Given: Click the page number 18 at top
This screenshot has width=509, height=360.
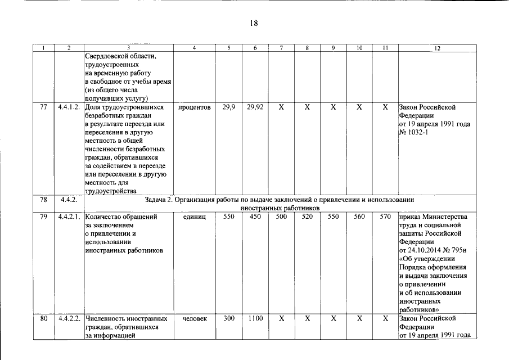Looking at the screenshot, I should click(x=254, y=23).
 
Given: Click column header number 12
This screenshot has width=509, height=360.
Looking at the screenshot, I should click(x=437, y=48).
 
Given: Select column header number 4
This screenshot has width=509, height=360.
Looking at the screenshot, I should click(x=194, y=48).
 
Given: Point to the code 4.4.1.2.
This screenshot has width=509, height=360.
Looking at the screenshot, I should click(x=70, y=107).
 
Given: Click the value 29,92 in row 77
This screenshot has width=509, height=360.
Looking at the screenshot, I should click(x=255, y=107).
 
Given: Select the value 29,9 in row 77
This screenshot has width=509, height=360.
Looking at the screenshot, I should click(x=229, y=107).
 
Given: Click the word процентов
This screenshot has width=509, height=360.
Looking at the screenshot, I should click(x=194, y=107).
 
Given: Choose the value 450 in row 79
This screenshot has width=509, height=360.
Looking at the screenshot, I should click(x=255, y=217).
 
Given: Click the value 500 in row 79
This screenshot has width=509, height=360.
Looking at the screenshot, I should click(x=281, y=217).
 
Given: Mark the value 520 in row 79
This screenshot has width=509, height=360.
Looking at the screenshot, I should click(x=307, y=217).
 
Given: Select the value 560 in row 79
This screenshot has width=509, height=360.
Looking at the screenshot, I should click(x=359, y=217).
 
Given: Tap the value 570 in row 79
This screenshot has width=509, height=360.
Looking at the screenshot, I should click(x=385, y=217).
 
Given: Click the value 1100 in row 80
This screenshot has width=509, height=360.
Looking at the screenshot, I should click(x=255, y=318).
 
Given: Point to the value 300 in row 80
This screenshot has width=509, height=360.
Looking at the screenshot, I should click(x=229, y=318).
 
